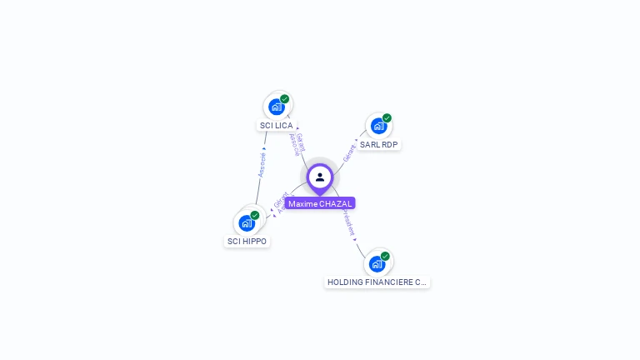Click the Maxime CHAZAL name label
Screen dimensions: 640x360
[x=320, y=203]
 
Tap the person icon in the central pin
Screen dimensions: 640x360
[x=320, y=177]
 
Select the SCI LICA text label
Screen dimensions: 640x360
[x=276, y=125]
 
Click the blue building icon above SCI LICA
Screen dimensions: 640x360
[x=277, y=107]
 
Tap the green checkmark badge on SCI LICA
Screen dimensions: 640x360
[x=285, y=99]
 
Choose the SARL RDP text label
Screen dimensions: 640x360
[x=379, y=144]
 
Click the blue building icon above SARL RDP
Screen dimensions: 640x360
[x=378, y=126]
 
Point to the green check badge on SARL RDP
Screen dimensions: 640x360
[x=387, y=118]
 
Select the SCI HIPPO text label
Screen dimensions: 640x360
[x=247, y=241]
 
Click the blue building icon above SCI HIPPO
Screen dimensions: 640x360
[x=247, y=222]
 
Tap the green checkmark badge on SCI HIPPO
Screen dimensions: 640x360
[x=255, y=215]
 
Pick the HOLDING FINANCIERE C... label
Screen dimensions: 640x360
[x=377, y=282]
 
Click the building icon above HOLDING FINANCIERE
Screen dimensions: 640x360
[x=377, y=263]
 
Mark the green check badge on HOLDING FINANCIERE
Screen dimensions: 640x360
[x=385, y=256]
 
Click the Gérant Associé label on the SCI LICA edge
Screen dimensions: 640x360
[x=296, y=144]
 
